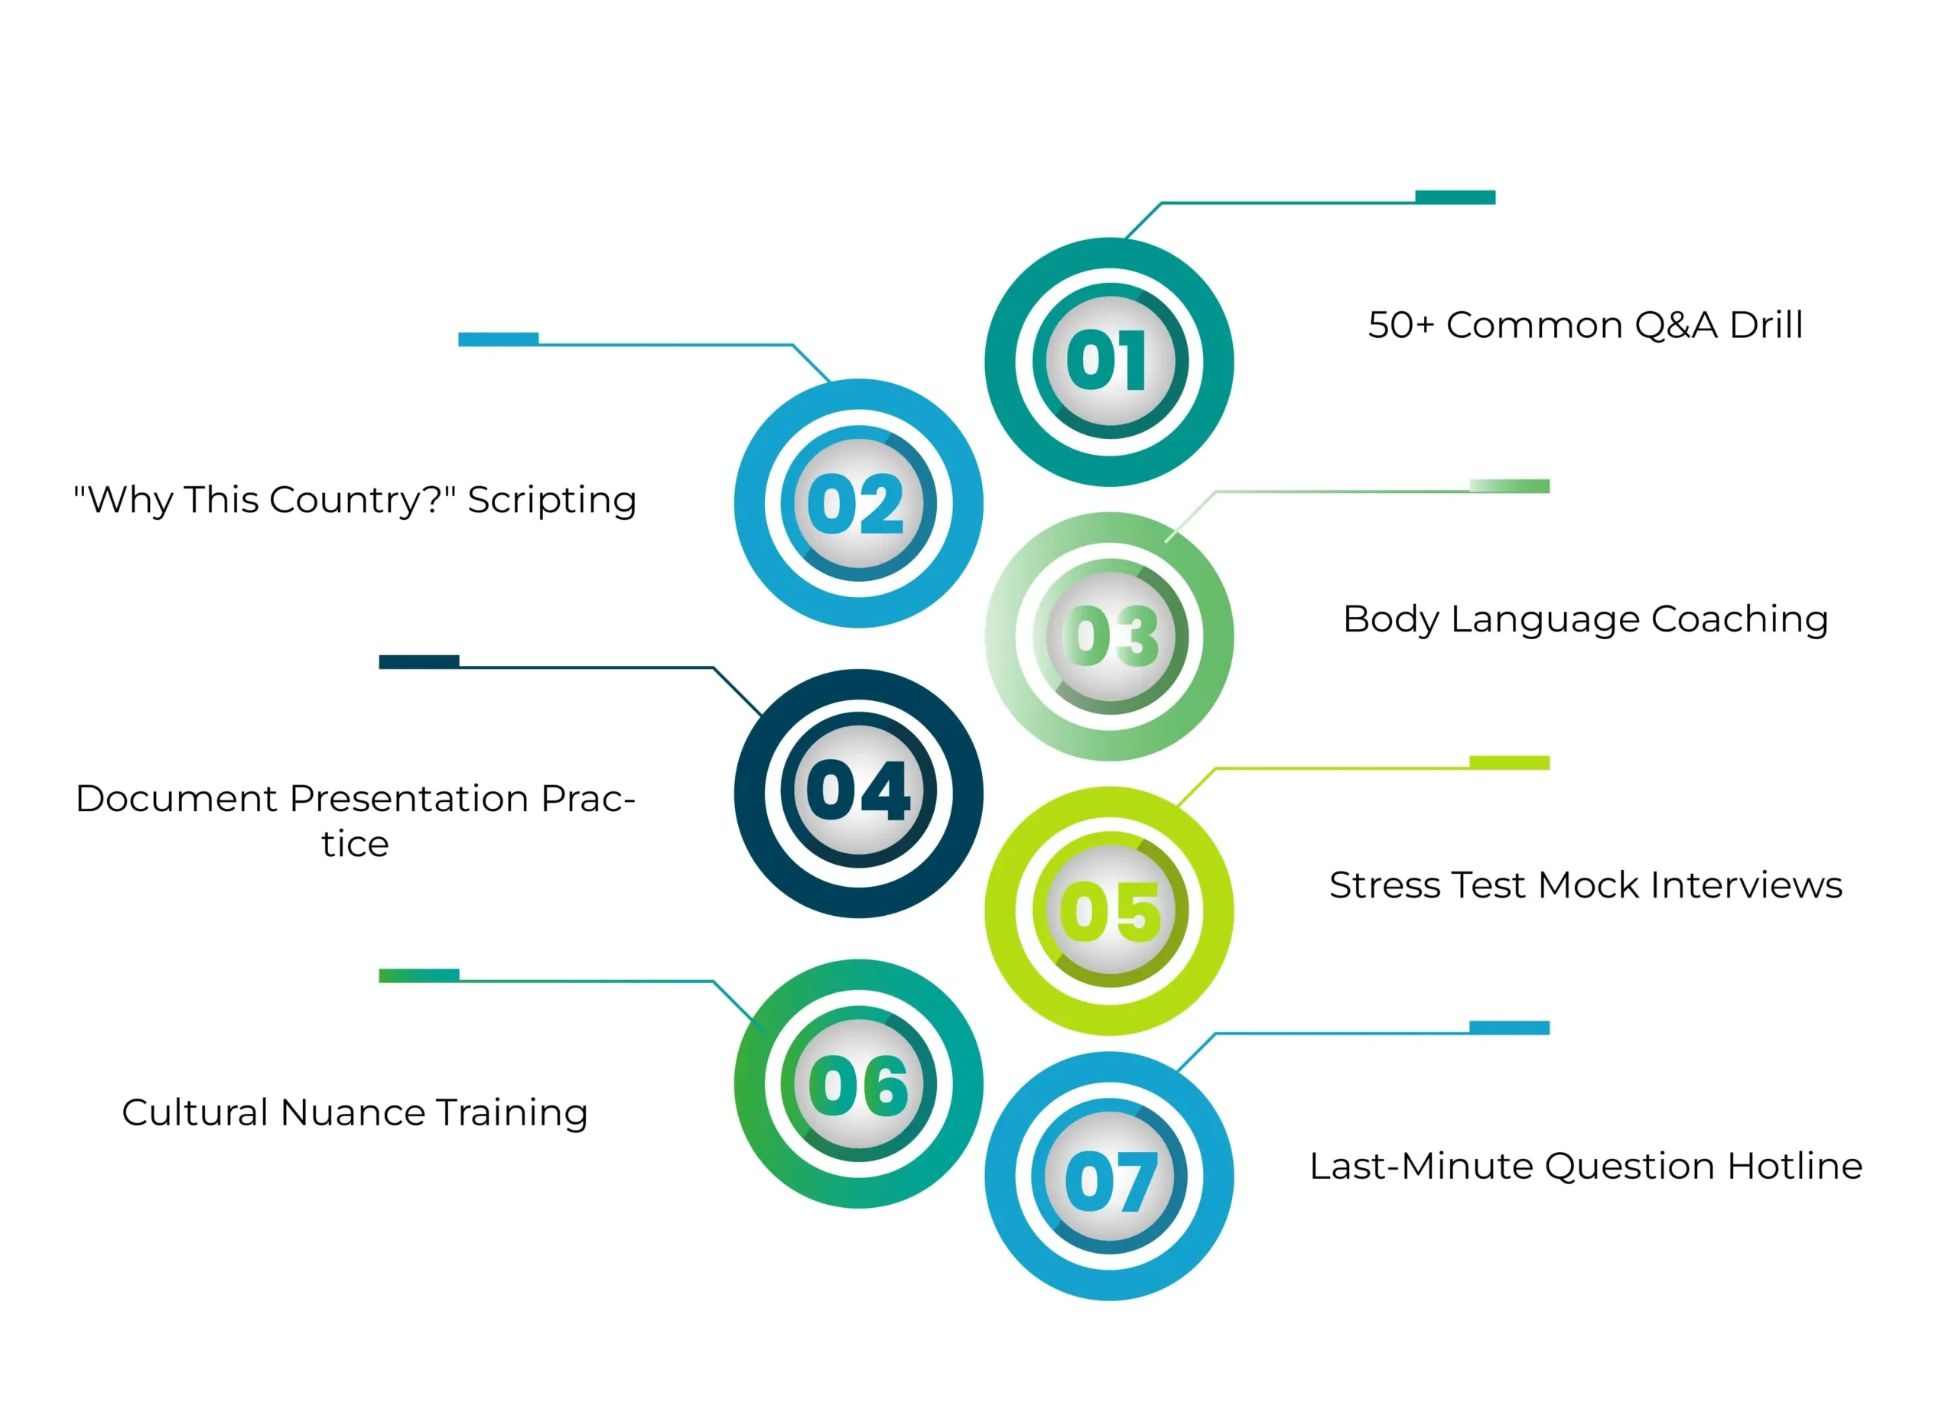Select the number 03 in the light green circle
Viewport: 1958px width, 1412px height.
pyautogui.click(x=1111, y=636)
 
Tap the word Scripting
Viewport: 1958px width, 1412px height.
pyautogui.click(x=551, y=501)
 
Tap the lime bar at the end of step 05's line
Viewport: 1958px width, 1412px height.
pyautogui.click(x=1509, y=762)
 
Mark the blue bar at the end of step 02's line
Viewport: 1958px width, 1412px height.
pyautogui.click(x=498, y=339)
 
